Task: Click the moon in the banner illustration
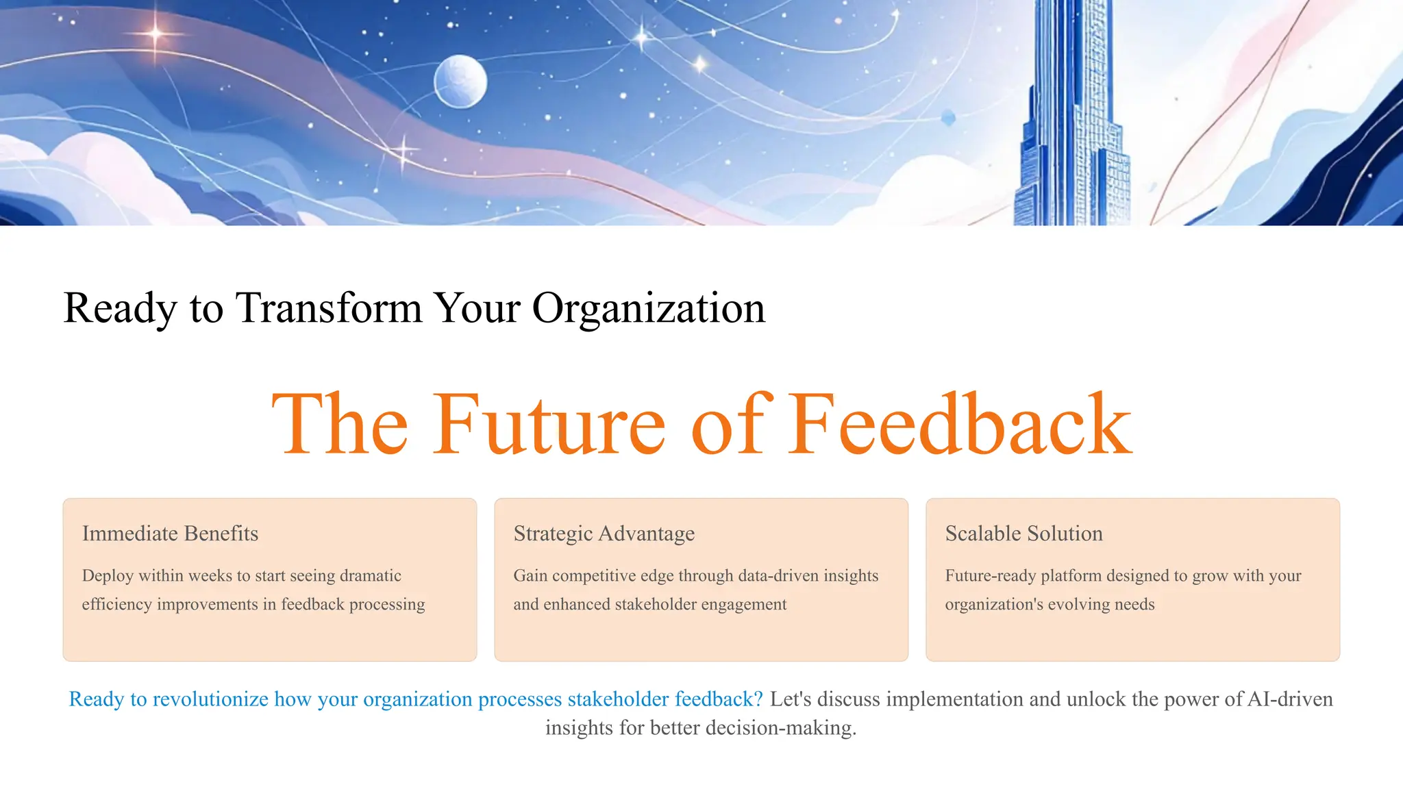tap(460, 82)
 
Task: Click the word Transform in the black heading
tap(328, 308)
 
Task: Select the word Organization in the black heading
tap(648, 308)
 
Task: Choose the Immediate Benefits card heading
tap(170, 534)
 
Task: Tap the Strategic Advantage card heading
tap(604, 534)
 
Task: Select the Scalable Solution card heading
tap(1023, 534)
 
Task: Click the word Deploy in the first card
tap(108, 576)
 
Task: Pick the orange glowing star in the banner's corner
tap(156, 33)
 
